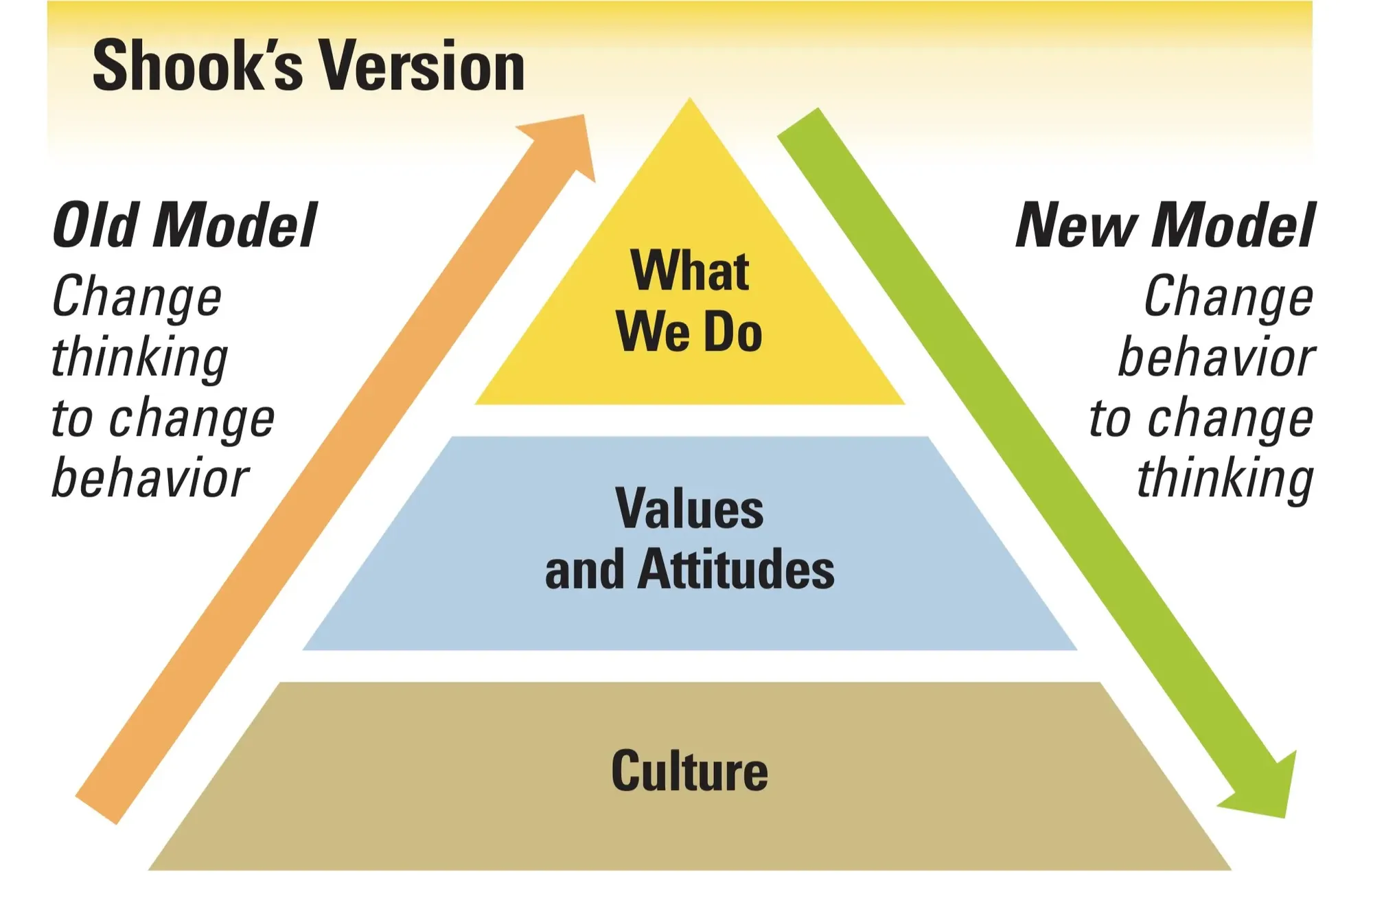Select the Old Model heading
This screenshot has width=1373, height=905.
pyautogui.click(x=184, y=225)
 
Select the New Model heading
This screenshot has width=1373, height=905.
pyautogui.click(x=1165, y=225)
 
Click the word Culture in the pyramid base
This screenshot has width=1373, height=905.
pyautogui.click(x=689, y=771)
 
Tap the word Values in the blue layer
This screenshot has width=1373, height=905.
pyautogui.click(x=689, y=509)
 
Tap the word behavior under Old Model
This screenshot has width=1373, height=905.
pyautogui.click(x=150, y=478)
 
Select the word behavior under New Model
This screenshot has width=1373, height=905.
pyautogui.click(x=1216, y=357)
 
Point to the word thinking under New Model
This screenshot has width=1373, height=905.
pyautogui.click(x=1225, y=479)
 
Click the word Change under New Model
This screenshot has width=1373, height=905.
pyautogui.click(x=1228, y=297)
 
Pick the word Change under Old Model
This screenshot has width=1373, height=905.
pyautogui.click(x=137, y=297)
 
